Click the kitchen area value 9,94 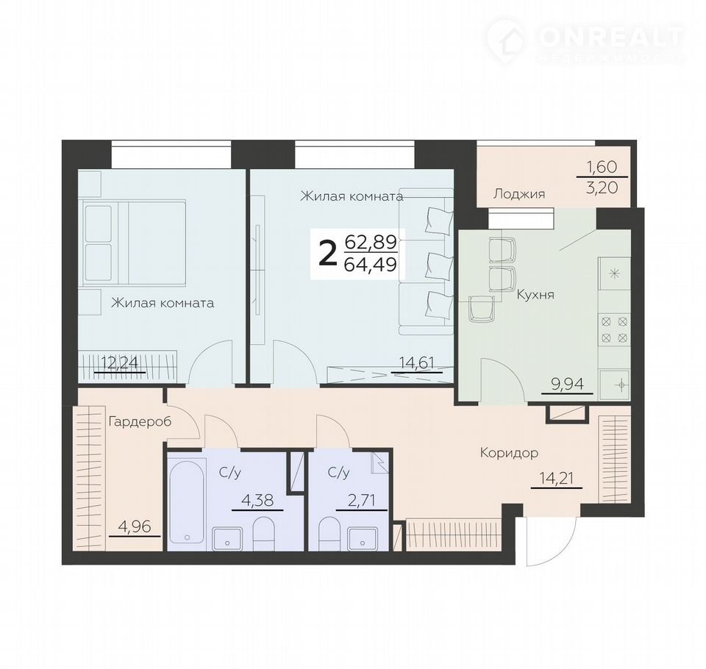567,384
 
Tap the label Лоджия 519,193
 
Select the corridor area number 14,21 557,478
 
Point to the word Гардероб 140,422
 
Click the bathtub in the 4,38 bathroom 187,502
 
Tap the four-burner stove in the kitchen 614,329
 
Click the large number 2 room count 327,253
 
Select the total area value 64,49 370,264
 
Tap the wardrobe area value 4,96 135,526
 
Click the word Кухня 535,295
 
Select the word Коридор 509,452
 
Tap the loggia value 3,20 602,187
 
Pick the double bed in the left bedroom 134,243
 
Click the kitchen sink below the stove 614,384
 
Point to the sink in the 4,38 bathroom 228,538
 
